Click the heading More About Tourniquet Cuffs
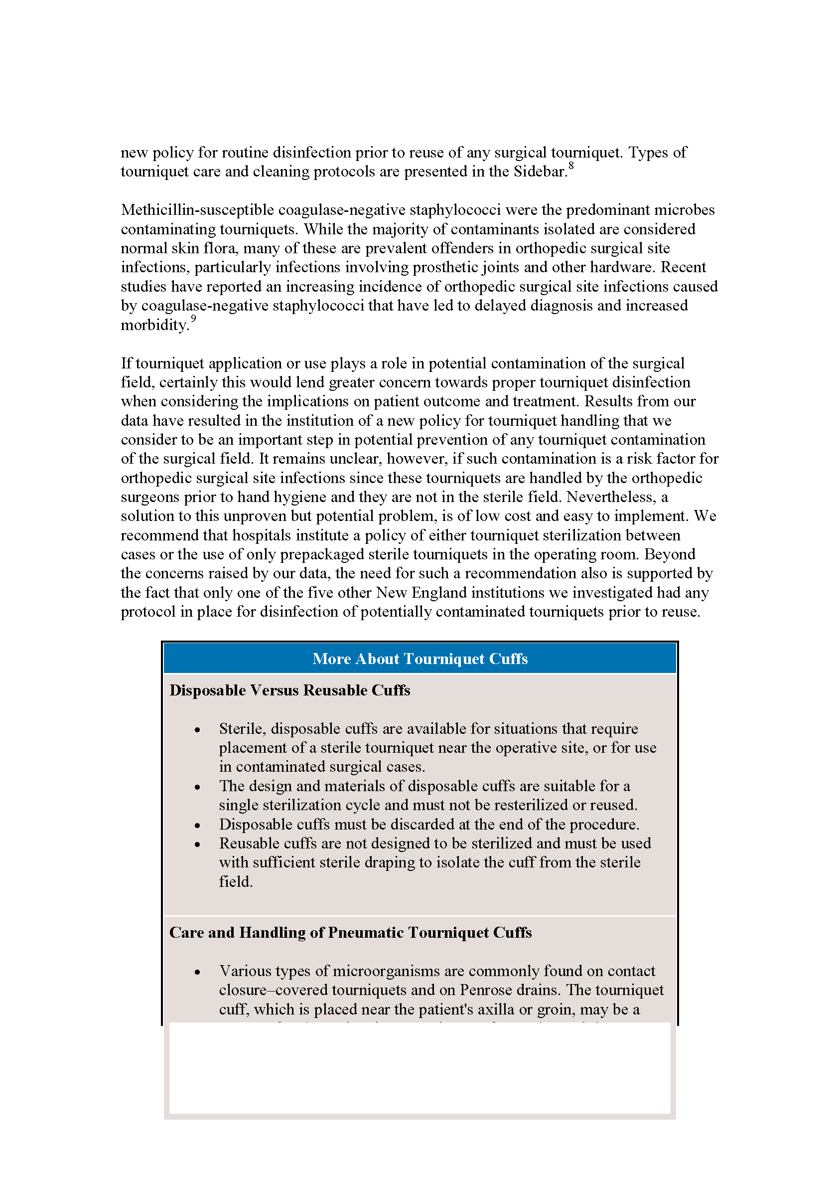click(x=420, y=658)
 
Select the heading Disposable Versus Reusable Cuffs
click(x=289, y=690)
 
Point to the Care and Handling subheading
click(x=350, y=933)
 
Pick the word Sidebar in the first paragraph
click(x=540, y=172)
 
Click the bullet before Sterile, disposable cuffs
click(x=197, y=730)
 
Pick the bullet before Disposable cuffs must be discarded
click(x=197, y=825)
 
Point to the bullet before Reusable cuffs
click(x=197, y=844)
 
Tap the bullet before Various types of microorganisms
click(x=197, y=972)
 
